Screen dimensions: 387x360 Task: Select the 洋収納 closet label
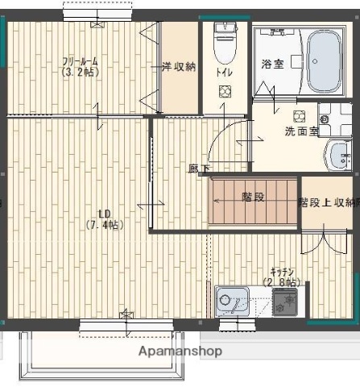[178, 67]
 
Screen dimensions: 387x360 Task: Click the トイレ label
[223, 72]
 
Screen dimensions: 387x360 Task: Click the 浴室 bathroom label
[271, 64]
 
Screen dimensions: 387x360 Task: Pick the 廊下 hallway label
[199, 169]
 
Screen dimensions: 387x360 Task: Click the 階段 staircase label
[254, 196]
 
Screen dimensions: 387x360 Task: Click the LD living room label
[104, 214]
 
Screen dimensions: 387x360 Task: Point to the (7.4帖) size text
[104, 225]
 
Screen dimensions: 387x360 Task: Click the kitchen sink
[234, 302]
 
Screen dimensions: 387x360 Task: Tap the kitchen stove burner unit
[284, 302]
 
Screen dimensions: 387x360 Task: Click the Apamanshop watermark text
[180, 352]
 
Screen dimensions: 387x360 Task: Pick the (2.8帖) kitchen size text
[281, 282]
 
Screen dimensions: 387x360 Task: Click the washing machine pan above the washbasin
[333, 119]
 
